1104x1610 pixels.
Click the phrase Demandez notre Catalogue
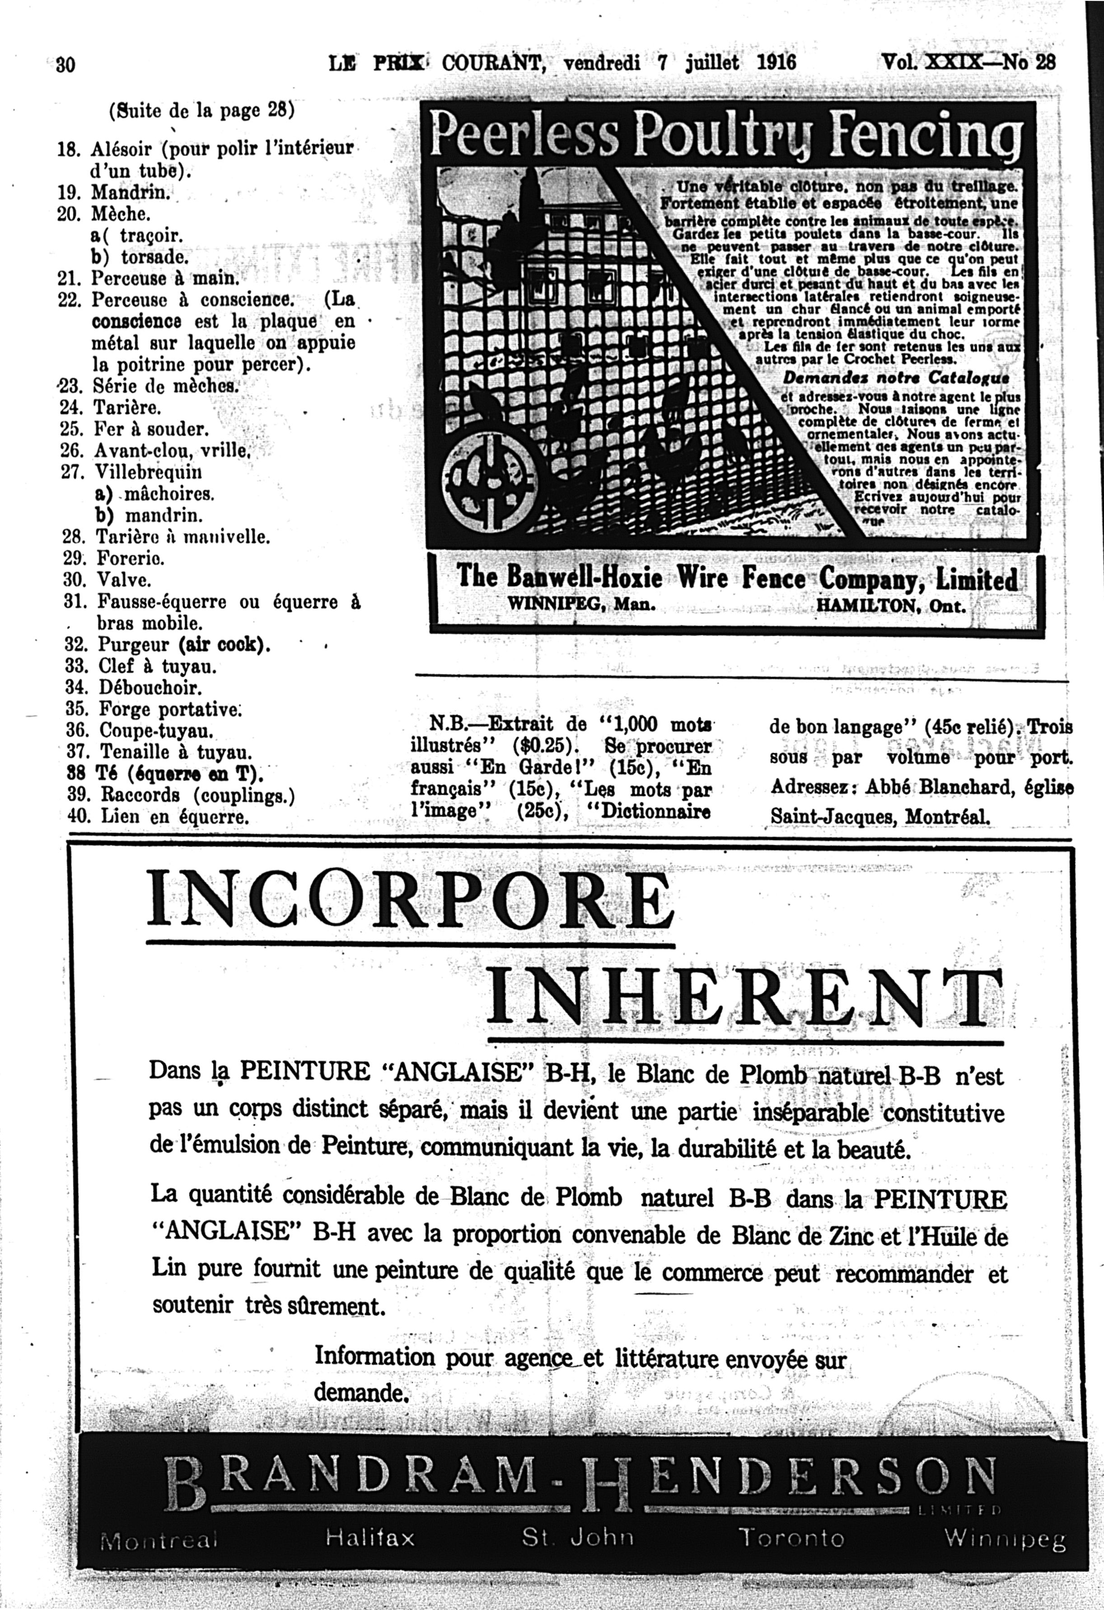point(895,378)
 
